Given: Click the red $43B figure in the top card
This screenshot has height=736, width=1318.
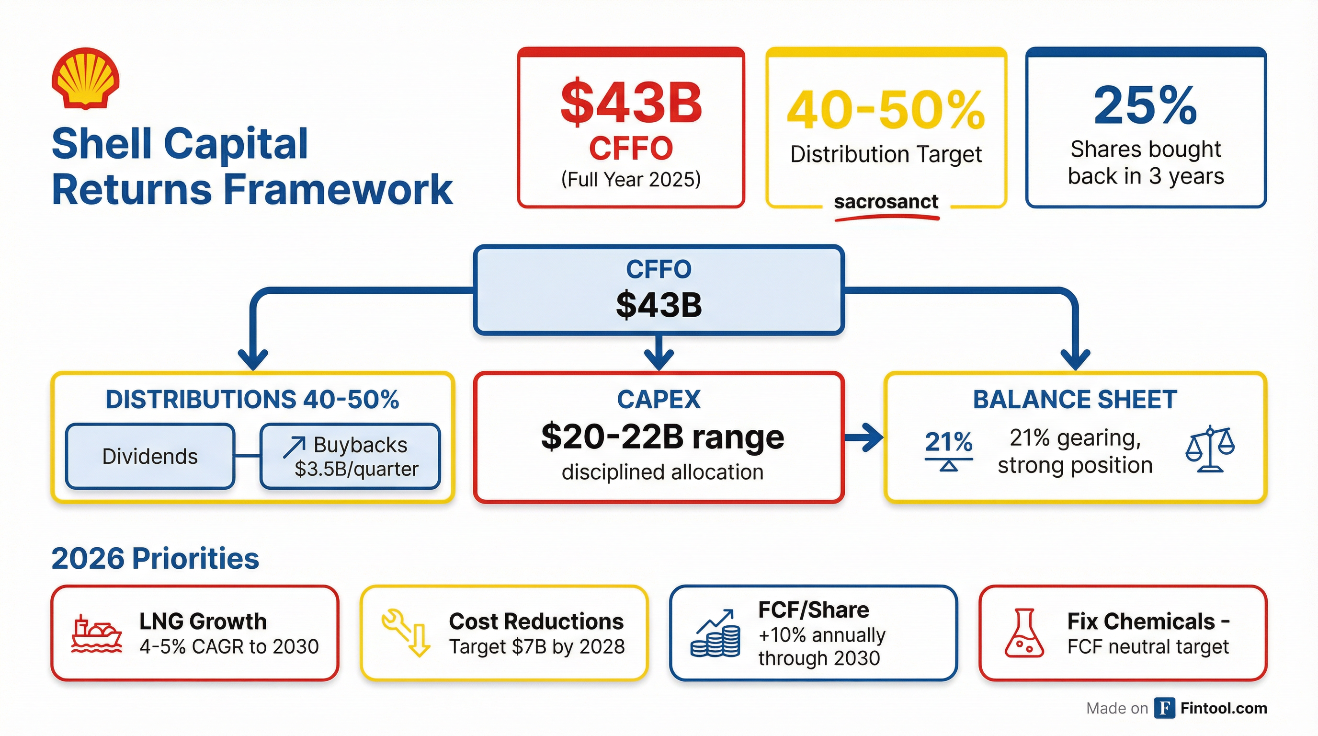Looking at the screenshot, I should click(x=631, y=103).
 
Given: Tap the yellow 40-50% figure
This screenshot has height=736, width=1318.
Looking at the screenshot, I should click(x=886, y=110).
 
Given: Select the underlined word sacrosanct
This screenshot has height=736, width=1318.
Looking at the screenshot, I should click(x=886, y=202).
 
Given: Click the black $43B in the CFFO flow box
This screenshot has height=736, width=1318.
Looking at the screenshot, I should click(x=659, y=305).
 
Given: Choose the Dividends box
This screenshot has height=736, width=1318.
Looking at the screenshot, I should click(x=150, y=456).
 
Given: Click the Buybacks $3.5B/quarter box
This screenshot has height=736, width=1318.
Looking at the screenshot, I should click(x=351, y=456).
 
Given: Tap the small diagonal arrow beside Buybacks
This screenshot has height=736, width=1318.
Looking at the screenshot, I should click(x=294, y=447).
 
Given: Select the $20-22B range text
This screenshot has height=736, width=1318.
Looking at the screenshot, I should click(x=662, y=437).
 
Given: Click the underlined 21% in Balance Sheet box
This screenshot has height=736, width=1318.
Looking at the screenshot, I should click(x=948, y=442).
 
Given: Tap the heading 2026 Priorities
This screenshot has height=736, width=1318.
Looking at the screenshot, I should click(x=155, y=558).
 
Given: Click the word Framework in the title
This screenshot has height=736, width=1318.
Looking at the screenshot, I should click(x=338, y=189).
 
